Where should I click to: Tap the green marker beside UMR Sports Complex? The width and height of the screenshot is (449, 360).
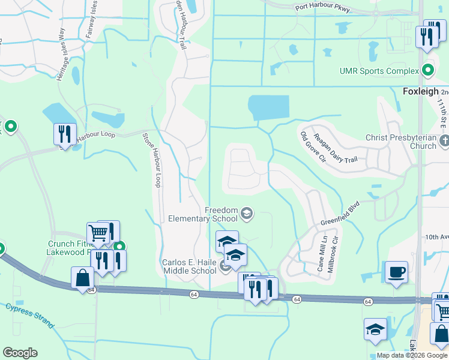428,71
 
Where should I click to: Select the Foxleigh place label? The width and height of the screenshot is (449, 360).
420,92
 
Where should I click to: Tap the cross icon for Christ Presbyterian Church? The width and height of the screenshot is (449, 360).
444,142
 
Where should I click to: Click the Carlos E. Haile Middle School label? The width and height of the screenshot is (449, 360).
189,266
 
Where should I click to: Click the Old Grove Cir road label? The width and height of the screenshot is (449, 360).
312,146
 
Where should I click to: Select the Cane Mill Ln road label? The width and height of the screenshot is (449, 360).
324,252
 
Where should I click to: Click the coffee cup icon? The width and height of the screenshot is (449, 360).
396,272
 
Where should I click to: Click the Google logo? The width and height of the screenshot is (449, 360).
20,353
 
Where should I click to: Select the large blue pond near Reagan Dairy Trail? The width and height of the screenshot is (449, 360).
268,108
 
